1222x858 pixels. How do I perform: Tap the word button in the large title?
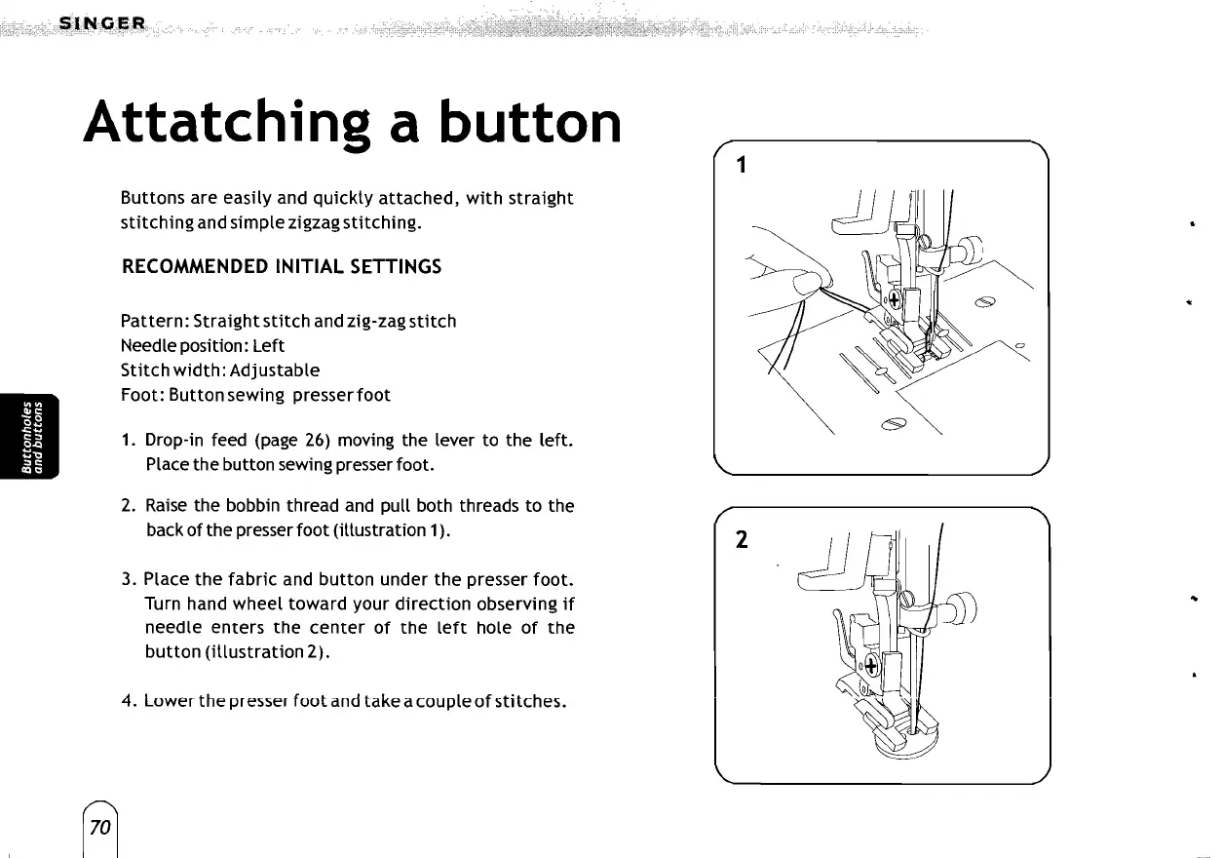coord(529,122)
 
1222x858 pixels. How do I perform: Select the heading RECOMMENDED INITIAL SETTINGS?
coord(281,266)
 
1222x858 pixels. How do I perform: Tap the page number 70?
coord(99,829)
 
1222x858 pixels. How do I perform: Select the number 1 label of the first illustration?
coord(742,166)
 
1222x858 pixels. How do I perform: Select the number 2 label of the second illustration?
coord(742,542)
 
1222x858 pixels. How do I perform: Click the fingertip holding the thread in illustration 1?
coord(806,284)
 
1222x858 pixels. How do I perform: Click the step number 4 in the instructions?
coord(127,701)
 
